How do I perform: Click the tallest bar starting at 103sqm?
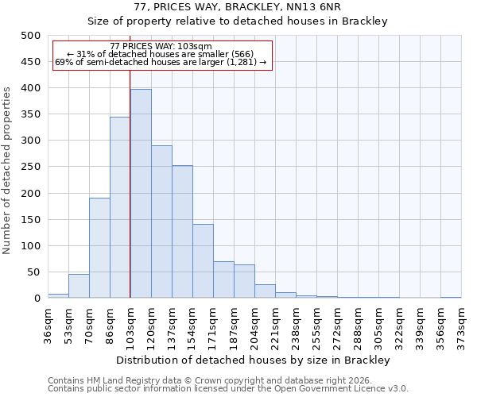point(141,194)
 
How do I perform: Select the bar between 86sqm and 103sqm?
point(120,207)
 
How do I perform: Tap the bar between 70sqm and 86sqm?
point(99,248)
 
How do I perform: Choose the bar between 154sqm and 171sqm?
point(203,261)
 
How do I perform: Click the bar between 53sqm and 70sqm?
point(79,286)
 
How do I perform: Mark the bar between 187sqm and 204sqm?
point(244,281)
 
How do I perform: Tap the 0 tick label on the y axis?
point(37,299)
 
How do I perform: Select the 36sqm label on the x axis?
point(48,322)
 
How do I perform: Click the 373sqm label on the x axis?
point(462,322)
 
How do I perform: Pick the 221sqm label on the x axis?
point(276,322)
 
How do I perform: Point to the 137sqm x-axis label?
point(173,322)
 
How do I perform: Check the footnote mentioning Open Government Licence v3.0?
point(228,388)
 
